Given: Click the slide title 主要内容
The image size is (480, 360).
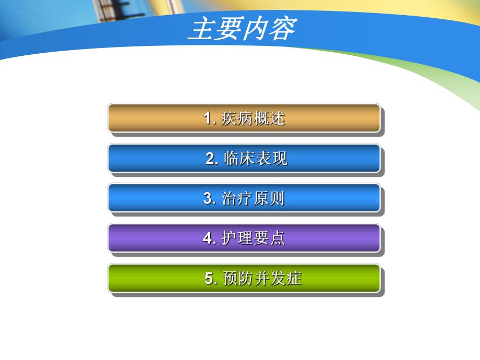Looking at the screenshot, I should coord(241,30).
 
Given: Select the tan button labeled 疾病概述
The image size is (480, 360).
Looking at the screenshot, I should coord(244,118).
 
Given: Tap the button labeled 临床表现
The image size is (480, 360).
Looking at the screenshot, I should coord(244,158).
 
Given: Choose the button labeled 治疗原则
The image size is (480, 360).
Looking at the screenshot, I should coord(244,198).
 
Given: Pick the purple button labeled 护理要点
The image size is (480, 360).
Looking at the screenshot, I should coord(244,238).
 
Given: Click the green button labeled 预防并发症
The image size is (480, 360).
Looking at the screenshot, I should coord(244,279).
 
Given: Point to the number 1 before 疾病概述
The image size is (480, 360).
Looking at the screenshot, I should coord(207,118).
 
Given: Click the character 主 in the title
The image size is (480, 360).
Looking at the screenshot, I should coord(200,30).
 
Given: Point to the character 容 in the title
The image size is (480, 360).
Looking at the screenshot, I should coord(282,30).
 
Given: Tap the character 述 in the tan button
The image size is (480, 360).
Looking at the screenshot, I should coord(278,118).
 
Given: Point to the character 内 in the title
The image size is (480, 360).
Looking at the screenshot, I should coord(255,30).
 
